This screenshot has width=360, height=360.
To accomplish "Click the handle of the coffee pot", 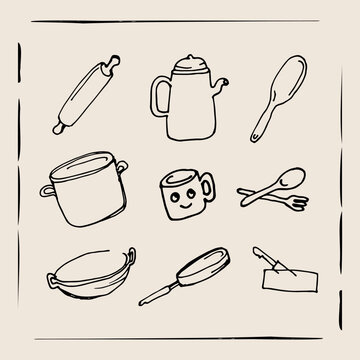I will (157, 96).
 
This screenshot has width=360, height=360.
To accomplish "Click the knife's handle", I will (263, 257).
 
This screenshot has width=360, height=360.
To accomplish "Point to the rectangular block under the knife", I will (290, 280).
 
